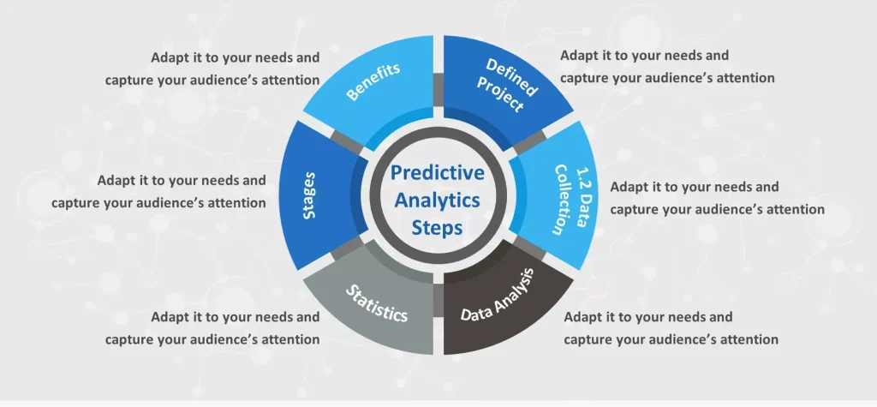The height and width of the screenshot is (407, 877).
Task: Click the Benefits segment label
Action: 373,81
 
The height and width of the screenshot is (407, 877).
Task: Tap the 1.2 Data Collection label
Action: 570,200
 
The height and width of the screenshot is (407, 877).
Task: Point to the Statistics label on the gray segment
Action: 377,302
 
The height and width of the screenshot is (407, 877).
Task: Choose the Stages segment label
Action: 308,195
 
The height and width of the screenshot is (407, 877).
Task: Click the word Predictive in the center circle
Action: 438,173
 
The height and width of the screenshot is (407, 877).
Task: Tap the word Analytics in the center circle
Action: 438,201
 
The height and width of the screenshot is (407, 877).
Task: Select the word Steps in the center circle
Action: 438,228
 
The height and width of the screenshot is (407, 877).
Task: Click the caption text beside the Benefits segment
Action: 212,69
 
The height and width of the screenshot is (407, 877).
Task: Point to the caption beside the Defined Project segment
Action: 667,67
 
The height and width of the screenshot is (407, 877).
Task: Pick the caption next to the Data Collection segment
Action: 717,198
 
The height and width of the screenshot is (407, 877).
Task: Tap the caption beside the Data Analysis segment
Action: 671,328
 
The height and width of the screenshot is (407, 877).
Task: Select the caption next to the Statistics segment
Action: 212,328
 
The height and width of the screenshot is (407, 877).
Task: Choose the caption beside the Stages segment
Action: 158,191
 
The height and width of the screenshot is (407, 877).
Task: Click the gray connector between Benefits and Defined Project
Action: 438,90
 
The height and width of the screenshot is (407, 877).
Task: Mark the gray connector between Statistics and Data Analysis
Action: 438,300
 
